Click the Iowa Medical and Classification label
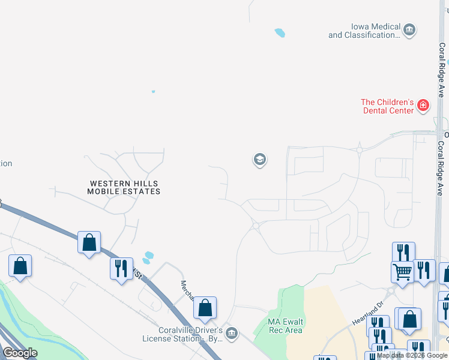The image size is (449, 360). [x=364, y=31]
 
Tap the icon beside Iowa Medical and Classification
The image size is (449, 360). [x=409, y=29]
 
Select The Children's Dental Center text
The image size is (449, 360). [x=388, y=106]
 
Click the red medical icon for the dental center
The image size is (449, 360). [x=424, y=106]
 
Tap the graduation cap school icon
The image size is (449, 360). [x=259, y=160]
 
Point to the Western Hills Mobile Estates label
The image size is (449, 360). [x=124, y=187]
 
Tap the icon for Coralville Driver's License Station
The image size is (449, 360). [x=232, y=333]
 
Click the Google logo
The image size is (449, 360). [x=20, y=353]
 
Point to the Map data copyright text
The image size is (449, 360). [x=412, y=355]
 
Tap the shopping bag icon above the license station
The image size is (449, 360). [x=205, y=307]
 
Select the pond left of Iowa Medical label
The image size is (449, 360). [x=280, y=33]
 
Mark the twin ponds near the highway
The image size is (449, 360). [x=147, y=257]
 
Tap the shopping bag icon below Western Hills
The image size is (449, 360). [x=89, y=243]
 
